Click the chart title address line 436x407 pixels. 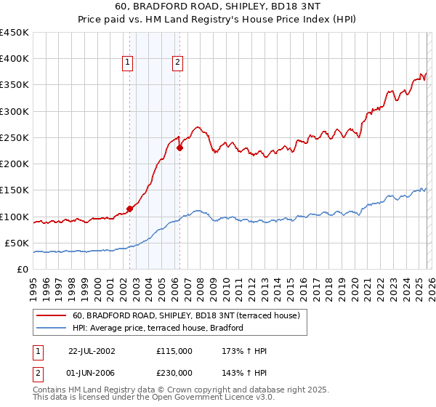point(218,6)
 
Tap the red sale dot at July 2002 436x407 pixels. point(129,209)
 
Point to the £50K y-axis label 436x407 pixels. point(17,243)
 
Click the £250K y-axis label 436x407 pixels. point(15,137)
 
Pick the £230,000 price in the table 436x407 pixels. point(174,372)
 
